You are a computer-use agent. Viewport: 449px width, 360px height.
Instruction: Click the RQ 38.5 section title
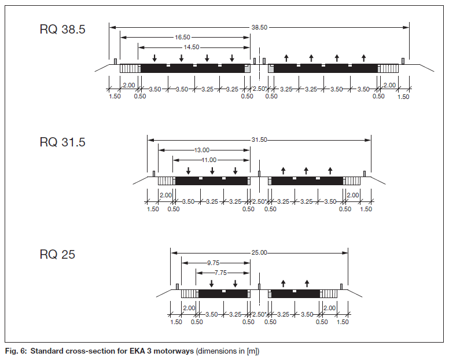click(62, 30)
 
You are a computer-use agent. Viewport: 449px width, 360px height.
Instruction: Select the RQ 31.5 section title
click(62, 142)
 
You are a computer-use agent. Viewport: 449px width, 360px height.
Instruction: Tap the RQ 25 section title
click(57, 254)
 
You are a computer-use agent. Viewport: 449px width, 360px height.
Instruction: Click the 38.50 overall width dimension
click(259, 28)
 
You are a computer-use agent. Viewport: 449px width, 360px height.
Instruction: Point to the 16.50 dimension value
click(182, 37)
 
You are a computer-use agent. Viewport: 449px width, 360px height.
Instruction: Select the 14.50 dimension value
click(192, 47)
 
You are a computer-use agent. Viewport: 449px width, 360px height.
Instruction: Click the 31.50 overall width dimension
click(259, 139)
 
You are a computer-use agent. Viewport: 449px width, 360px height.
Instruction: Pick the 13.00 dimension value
click(202, 150)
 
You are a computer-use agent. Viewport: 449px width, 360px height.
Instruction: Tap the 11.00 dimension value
click(209, 160)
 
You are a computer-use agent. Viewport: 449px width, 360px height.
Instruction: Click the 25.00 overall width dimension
click(259, 252)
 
